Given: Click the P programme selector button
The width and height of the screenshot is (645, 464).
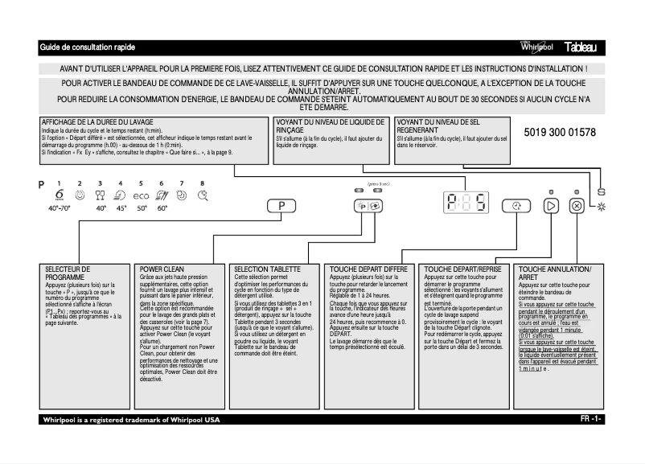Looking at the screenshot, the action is pos(282,206).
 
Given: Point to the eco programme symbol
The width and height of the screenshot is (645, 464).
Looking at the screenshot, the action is pos(141,195).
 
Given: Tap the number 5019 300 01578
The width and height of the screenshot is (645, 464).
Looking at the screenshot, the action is pos(560,132).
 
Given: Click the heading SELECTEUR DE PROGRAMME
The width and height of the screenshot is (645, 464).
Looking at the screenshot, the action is pos(68,273).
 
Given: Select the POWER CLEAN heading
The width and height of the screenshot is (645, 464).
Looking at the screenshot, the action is pos(162,269).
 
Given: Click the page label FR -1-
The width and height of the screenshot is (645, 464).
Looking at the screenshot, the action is pos(590,420).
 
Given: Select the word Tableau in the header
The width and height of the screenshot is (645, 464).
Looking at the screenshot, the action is pos(585,48).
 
